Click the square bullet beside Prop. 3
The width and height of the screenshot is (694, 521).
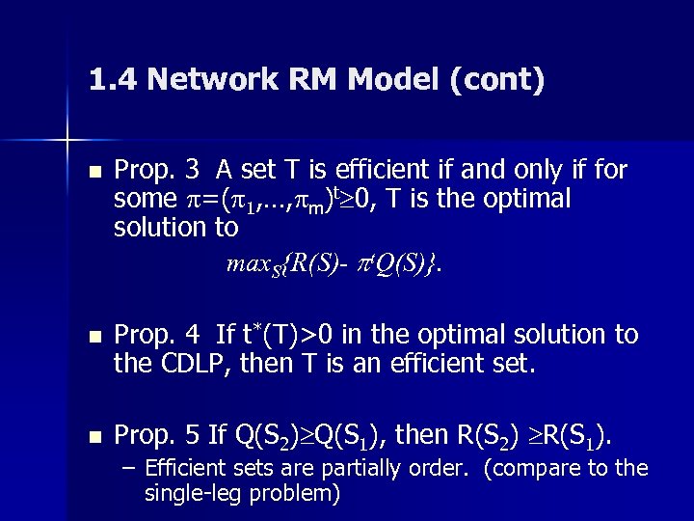[93, 173]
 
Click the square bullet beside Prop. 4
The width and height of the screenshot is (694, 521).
[93, 337]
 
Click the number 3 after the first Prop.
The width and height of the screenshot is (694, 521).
[193, 171]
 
